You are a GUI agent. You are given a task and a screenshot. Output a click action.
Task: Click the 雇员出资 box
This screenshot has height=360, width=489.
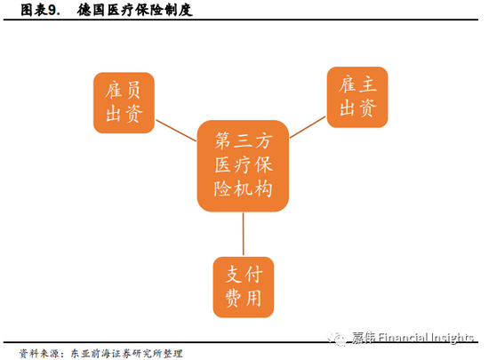point(124,103)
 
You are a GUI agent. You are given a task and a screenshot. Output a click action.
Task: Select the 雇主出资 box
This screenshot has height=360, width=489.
point(357,97)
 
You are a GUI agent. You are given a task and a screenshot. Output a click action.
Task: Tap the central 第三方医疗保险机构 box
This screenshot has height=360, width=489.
point(243,166)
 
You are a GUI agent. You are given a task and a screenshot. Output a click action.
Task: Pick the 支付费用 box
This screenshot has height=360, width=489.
point(244,287)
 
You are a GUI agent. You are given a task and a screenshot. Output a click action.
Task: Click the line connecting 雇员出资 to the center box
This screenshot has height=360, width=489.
point(176,131)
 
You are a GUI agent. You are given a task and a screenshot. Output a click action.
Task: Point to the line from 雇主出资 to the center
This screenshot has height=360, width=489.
point(308,127)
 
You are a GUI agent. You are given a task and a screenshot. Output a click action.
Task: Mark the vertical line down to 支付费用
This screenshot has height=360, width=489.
point(244,234)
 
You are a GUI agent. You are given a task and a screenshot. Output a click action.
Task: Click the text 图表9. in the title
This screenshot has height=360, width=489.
point(40,11)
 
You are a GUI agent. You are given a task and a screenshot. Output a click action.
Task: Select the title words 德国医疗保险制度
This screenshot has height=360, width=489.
point(134,11)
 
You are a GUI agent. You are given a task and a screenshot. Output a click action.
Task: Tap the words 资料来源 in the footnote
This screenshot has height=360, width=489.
point(38,354)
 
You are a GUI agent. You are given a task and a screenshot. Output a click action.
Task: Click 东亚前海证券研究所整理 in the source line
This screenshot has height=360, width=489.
point(126,354)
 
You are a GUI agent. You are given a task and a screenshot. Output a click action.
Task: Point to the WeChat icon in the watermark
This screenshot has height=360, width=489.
point(336,338)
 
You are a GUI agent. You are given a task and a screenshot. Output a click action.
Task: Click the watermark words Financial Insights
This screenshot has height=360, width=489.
point(426,338)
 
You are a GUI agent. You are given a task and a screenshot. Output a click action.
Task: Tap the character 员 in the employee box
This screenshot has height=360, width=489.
point(133,90)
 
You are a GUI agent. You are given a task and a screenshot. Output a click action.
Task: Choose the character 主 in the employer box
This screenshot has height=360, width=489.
point(367,84)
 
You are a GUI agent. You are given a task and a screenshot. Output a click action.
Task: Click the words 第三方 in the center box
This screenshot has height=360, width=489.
point(244,140)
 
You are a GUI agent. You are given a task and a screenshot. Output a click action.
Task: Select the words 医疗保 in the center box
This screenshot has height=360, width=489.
point(244,164)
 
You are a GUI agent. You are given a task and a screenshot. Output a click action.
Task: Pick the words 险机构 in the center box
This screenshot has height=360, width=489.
point(244,188)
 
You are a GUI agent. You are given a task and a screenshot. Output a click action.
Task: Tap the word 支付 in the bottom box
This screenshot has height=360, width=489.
point(244,275)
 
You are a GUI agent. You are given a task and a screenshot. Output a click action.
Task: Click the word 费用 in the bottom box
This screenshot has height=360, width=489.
point(244,299)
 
